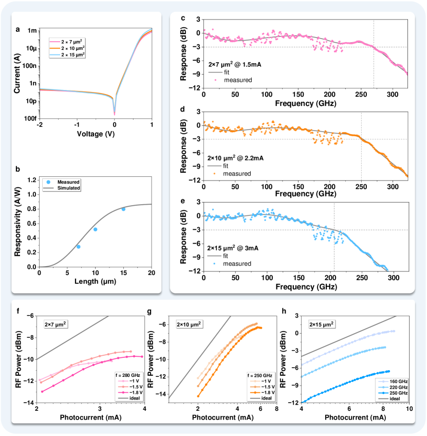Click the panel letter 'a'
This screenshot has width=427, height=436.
pyautogui.click(x=18, y=29)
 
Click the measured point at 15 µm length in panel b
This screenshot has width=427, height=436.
pyautogui.click(x=123, y=209)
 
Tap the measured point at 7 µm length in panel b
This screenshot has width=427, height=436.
pyautogui.click(x=78, y=247)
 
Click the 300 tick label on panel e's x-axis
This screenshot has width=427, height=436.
pyautogui.click(x=393, y=279)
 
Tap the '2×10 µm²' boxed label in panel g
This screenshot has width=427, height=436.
pyautogui.click(x=190, y=324)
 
